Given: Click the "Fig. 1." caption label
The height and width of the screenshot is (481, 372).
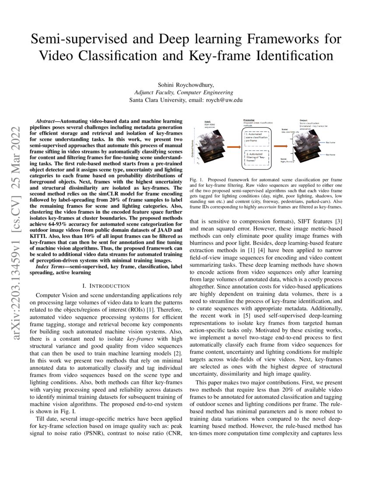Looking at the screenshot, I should coord(196,180).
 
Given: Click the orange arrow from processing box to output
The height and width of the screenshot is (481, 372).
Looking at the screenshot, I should coord(280,144).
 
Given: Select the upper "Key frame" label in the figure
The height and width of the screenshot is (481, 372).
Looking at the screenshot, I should coord(332,143).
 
